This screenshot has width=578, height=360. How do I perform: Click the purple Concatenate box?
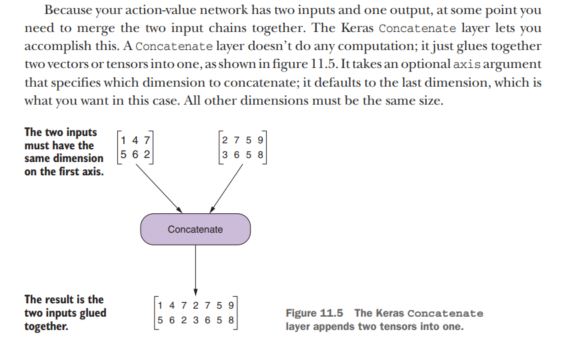195,229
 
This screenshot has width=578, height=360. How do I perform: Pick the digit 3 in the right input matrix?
225,155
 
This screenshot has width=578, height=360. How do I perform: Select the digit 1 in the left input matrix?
125,141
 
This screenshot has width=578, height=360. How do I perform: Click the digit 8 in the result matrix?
231,319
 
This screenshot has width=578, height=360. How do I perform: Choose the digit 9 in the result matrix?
231,305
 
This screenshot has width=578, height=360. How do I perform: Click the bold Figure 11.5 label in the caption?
316,313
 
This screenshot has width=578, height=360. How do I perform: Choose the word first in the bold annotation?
65,172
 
